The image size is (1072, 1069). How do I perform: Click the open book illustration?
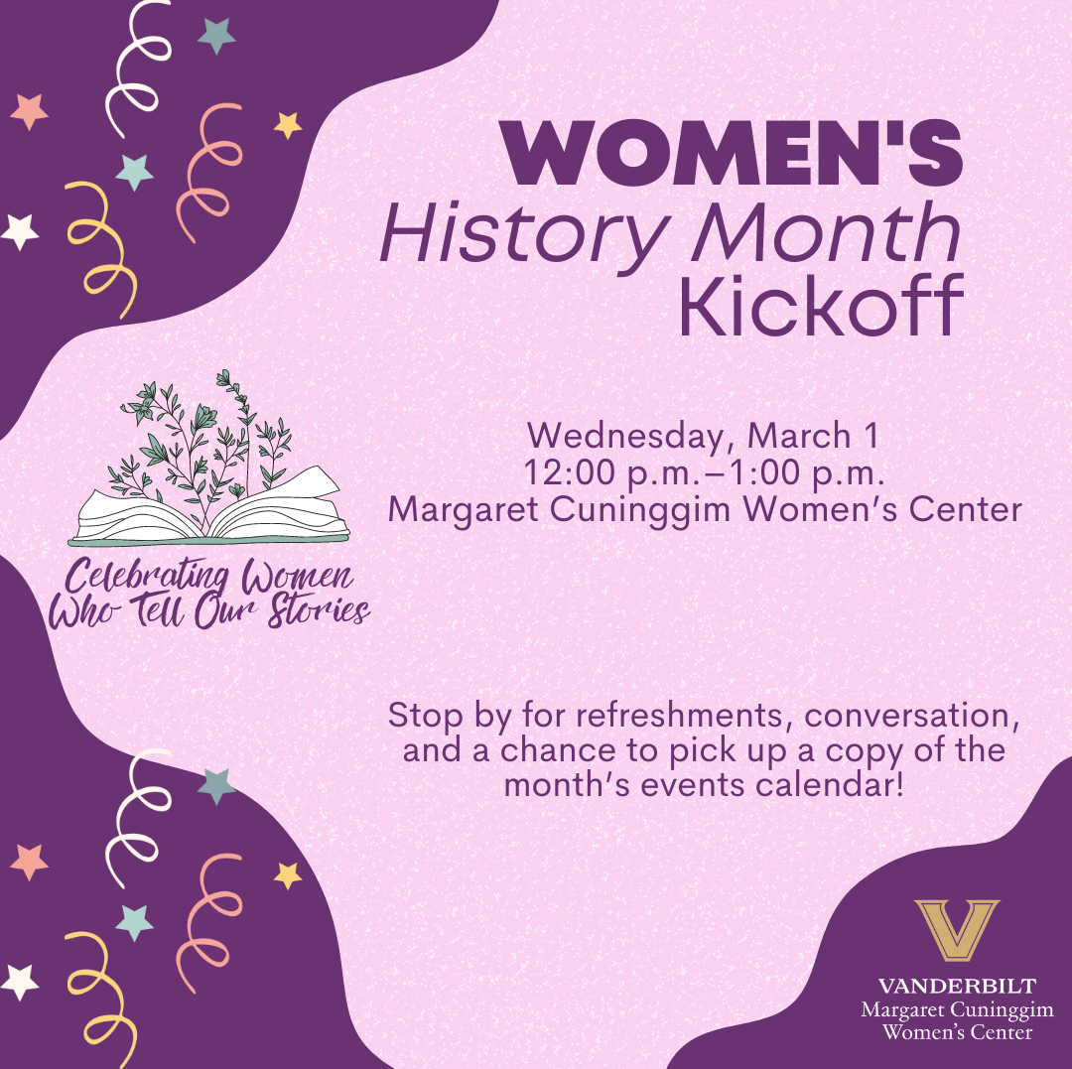pos(209,512)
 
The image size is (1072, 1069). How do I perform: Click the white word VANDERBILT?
pos(957,987)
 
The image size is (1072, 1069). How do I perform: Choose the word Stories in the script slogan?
pos(319,609)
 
